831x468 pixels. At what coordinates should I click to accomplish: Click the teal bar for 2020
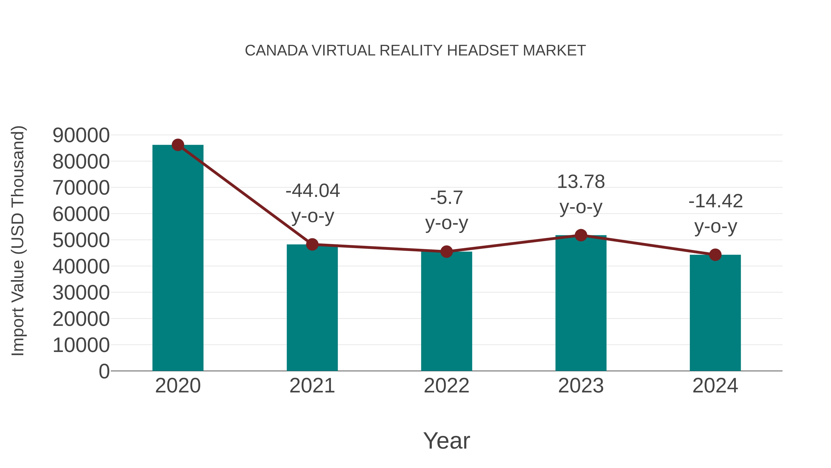178,258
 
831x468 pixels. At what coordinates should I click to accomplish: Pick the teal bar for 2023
581,304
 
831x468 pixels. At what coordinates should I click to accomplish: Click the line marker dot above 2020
178,145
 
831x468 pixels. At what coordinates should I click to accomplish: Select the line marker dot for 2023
581,235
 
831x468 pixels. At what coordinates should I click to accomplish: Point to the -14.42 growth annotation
716,201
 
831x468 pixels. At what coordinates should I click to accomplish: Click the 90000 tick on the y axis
81,135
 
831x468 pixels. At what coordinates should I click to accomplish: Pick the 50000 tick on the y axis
81,240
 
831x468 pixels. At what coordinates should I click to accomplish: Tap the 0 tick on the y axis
104,371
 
